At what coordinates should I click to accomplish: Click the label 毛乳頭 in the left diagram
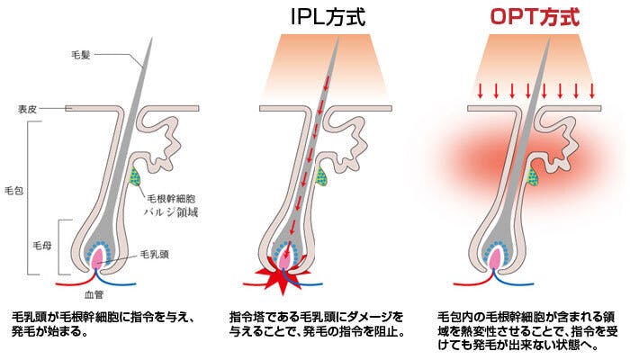point(154,256)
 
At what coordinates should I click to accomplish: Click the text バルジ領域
point(171,213)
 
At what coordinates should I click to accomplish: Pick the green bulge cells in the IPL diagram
point(324,177)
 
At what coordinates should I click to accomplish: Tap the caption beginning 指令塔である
point(317,324)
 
